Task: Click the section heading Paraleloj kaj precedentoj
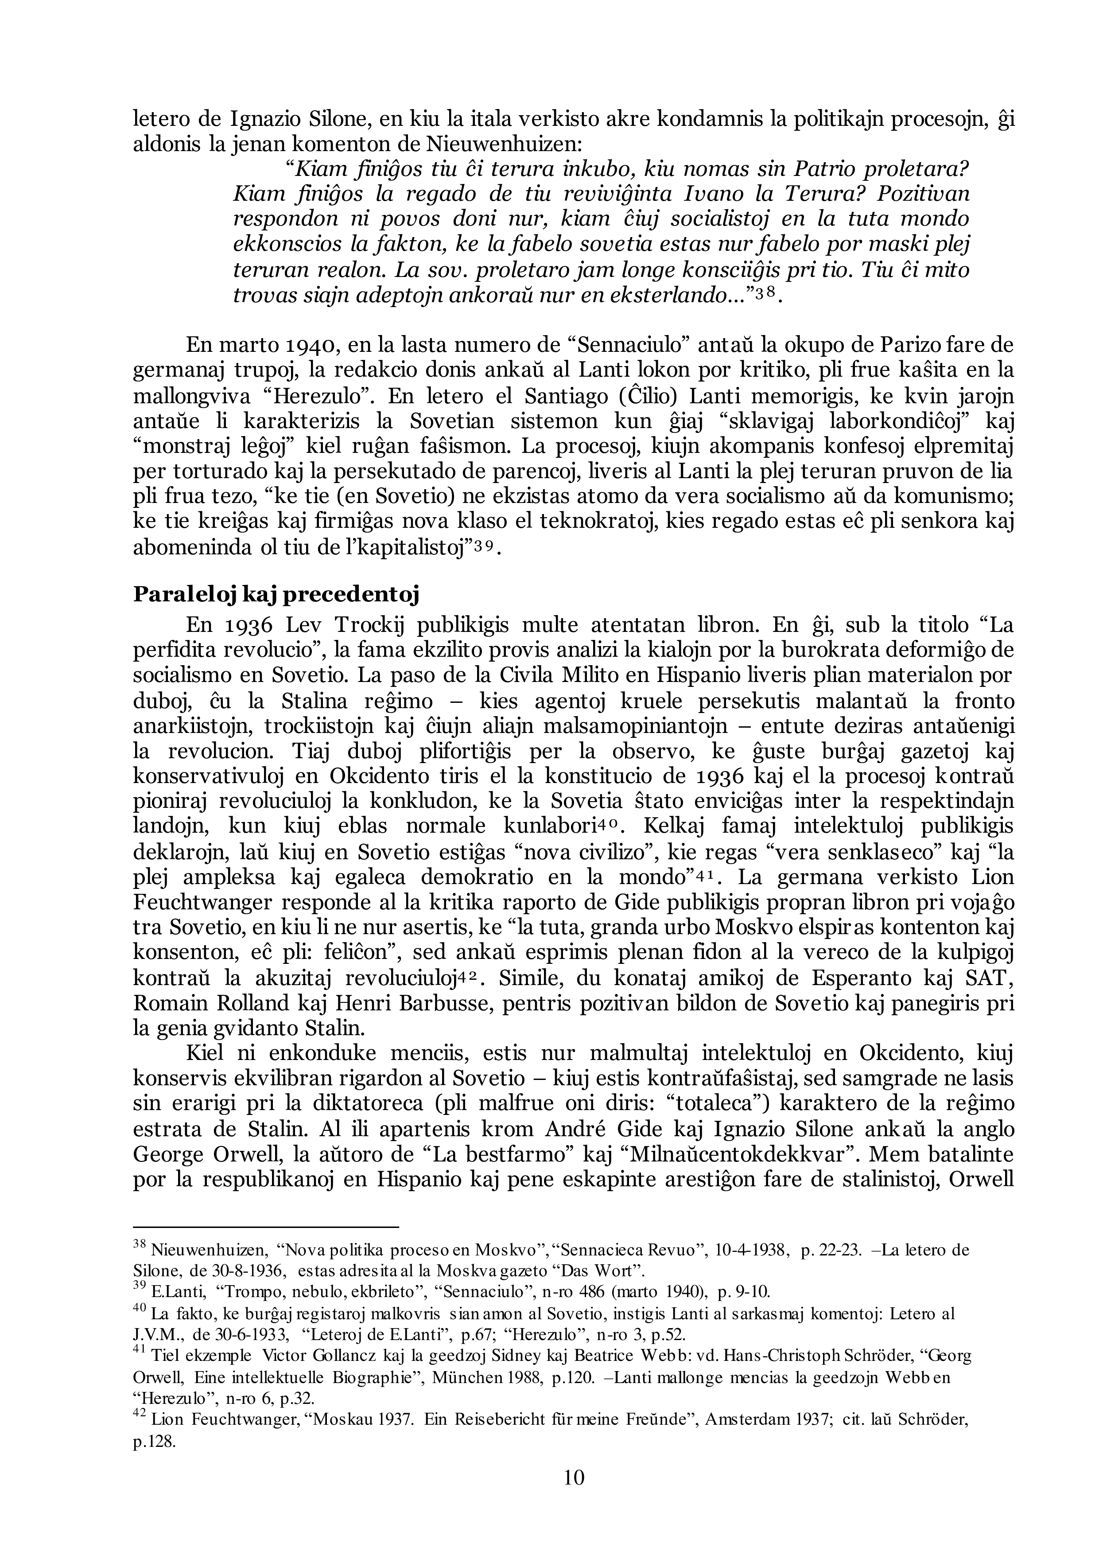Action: (276, 595)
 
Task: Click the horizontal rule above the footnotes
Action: (266, 1227)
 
